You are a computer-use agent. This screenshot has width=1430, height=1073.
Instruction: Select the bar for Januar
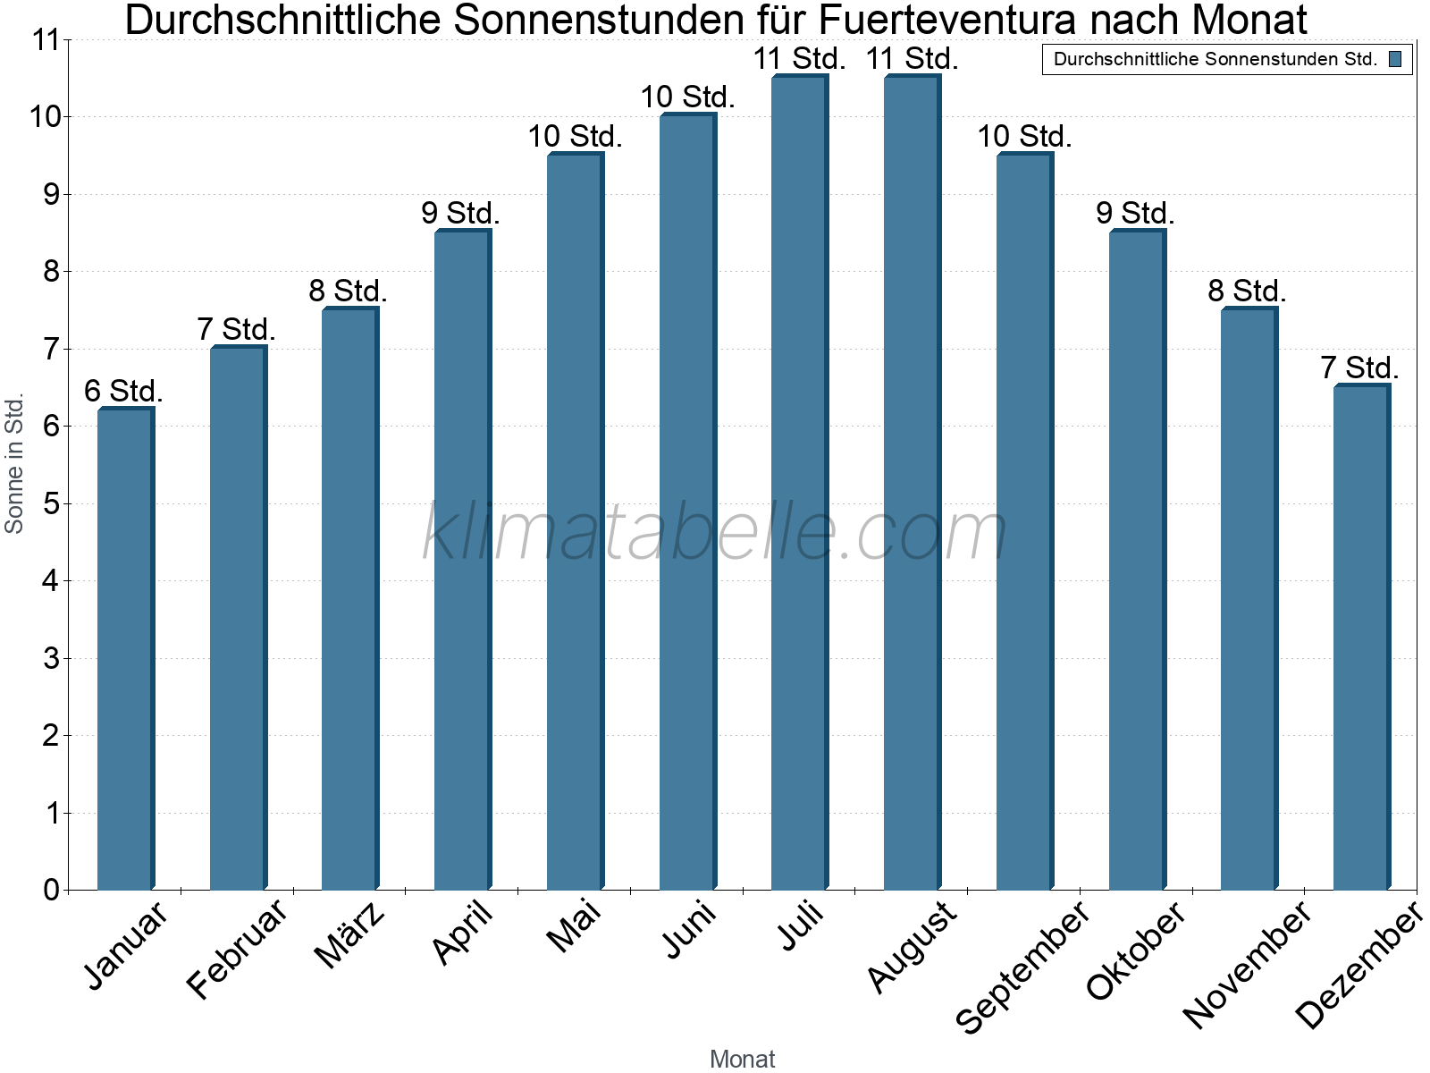pos(125,648)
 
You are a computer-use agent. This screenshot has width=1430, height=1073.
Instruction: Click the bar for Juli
pos(799,483)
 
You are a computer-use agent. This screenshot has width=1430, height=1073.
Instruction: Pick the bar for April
pos(462,560)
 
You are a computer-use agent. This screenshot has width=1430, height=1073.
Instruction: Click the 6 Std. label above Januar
pos(123,391)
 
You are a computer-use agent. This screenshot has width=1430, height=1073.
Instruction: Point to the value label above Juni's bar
pos(687,97)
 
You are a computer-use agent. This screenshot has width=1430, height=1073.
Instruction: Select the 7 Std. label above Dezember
pos(1359,368)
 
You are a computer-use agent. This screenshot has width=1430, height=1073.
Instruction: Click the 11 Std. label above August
pos(912,59)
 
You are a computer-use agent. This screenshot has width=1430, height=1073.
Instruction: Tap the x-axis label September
pos(1023,966)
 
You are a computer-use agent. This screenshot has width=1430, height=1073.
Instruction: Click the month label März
pos(350,935)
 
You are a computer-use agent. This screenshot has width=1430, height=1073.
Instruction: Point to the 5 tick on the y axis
pos(51,503)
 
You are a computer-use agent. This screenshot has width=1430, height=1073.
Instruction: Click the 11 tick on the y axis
pos(45,40)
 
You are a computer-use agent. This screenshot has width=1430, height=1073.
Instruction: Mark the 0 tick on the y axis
pos(51,890)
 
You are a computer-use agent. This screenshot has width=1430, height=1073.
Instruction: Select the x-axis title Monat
pos(742,1059)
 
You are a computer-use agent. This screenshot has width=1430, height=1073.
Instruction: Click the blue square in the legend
pos(1395,60)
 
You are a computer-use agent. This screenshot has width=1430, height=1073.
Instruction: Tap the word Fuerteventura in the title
pos(933,20)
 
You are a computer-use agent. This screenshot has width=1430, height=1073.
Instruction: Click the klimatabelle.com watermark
pos(715,532)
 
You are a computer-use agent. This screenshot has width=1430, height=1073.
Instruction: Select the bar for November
pos(1248,598)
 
